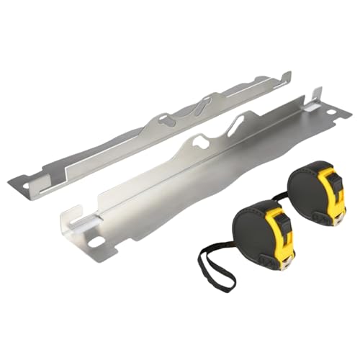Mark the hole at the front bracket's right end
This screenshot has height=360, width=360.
coord(333,114)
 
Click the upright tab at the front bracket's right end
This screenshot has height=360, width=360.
coord(317,96)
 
